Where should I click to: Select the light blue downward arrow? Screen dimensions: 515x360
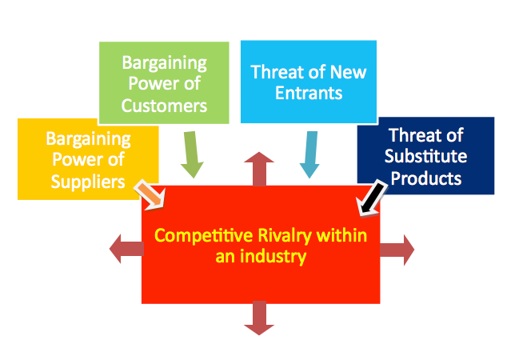coord(309,154)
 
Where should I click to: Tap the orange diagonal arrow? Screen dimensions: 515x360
coord(150,194)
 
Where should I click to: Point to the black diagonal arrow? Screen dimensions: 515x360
coord(372,198)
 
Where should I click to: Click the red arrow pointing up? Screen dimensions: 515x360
coord(259,169)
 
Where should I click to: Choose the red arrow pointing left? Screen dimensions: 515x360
coord(127,249)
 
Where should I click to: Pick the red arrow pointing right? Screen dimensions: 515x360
coord(397,250)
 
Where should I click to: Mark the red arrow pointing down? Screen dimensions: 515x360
coord(259,318)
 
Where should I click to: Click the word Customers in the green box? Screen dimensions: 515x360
coord(164,106)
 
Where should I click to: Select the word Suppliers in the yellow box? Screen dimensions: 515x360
coord(88,182)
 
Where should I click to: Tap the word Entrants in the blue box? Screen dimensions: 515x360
coord(309,93)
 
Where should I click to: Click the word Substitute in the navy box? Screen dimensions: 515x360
coord(425,156)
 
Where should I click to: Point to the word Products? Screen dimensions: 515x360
coord(426,178)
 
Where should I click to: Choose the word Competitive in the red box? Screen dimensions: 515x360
coord(204,235)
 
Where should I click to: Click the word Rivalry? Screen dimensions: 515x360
coord(285,236)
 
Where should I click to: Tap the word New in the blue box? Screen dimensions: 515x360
coord(348,72)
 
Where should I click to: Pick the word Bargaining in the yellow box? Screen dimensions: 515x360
coord(88,139)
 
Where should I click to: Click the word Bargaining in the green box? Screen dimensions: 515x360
coord(165,63)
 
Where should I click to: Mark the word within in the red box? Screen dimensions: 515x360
coord(341,235)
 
